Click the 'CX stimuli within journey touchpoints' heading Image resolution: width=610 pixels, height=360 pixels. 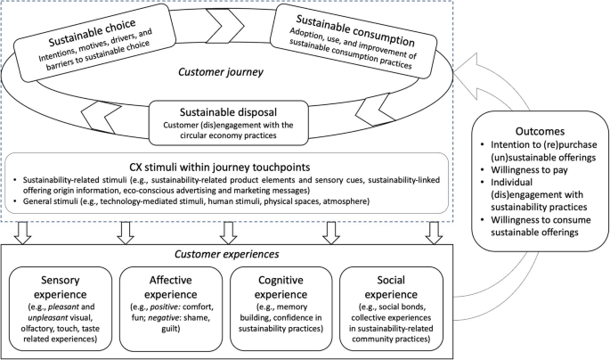pyautogui.click(x=226, y=164)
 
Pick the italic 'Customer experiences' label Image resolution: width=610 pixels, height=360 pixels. pyautogui.click(x=225, y=253)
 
